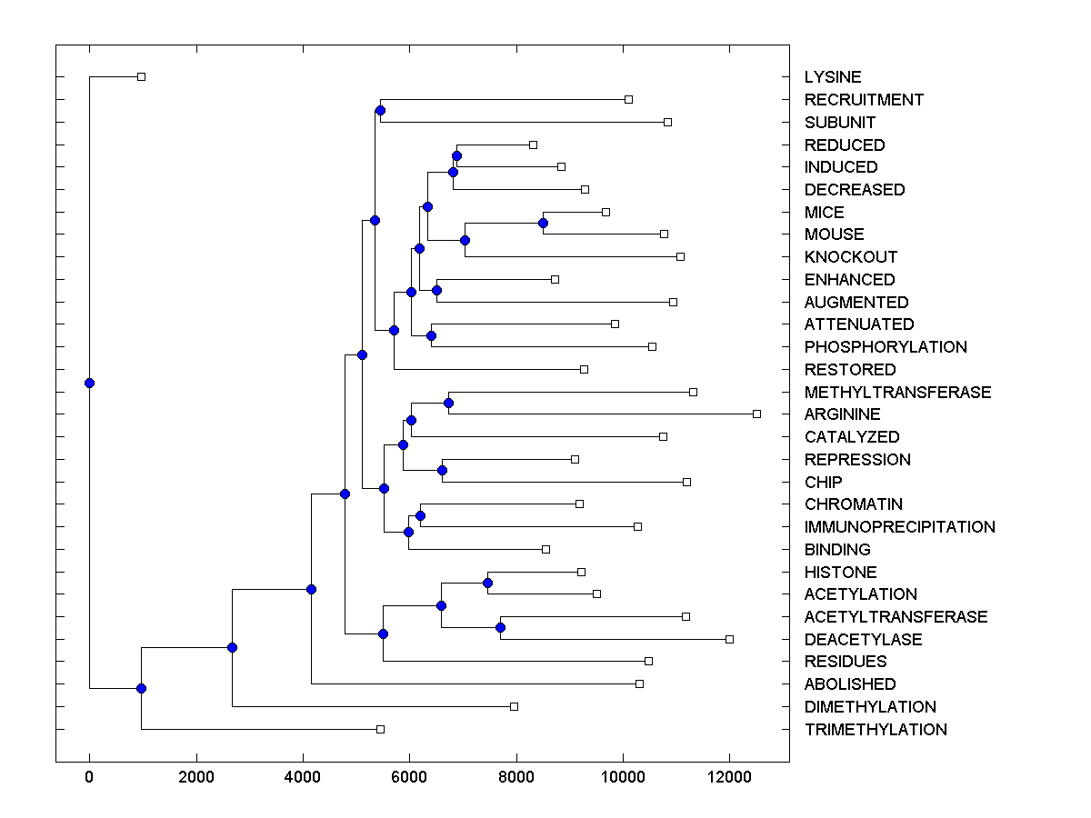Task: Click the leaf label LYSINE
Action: tap(833, 77)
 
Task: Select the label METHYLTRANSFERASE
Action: tap(897, 393)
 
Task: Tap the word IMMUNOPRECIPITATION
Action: tap(899, 527)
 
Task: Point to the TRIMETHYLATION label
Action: tap(876, 730)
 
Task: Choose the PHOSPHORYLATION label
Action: tap(886, 347)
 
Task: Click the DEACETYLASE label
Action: tap(863, 640)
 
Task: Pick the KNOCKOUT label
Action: tap(851, 257)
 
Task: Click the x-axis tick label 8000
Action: tap(516, 776)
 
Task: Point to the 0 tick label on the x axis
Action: tap(89, 776)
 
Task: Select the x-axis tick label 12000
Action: tap(729, 776)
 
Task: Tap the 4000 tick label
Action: tap(303, 776)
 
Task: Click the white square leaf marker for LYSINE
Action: tap(141, 76)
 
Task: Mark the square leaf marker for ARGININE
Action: tap(756, 414)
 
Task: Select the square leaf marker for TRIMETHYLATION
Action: tap(380, 729)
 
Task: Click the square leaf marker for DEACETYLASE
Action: tap(729, 639)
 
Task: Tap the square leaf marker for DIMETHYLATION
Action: tap(514, 706)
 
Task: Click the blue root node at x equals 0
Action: tap(89, 383)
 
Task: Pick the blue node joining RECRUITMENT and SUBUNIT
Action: tap(380, 111)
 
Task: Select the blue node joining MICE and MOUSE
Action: tap(543, 223)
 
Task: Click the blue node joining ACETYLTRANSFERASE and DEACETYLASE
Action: tap(500, 628)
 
